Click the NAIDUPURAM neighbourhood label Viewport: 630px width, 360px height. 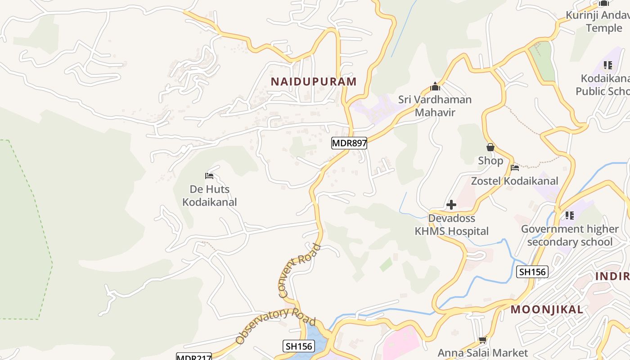point(313,81)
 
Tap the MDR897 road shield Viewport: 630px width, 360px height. point(349,143)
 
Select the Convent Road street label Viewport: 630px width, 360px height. point(300,270)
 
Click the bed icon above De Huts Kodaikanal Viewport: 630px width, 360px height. point(209,175)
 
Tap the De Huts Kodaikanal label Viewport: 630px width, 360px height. point(210,195)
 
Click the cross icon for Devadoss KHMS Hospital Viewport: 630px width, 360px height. point(451,205)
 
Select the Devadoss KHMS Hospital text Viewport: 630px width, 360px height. point(451,225)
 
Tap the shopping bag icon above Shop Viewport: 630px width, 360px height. point(490,147)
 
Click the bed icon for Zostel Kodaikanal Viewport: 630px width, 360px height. point(515,168)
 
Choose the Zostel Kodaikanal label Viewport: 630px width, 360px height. point(514,181)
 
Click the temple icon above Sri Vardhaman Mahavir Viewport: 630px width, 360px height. point(435,86)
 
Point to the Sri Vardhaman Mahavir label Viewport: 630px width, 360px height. point(435,106)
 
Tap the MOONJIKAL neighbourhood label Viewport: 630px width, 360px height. point(547,310)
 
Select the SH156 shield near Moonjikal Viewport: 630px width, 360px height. point(532,271)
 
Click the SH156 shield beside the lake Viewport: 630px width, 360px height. point(299,346)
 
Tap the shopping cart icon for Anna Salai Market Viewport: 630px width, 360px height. point(483,340)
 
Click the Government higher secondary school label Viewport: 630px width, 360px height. point(570,235)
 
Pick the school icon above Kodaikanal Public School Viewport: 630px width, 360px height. point(608,65)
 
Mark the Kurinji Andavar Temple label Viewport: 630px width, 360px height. point(598,22)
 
